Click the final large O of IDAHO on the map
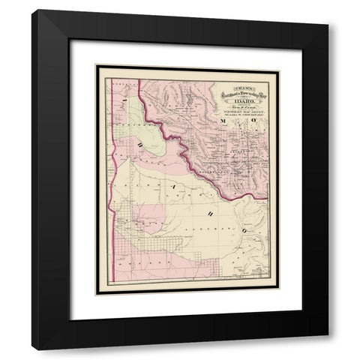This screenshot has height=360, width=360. point(222,214)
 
